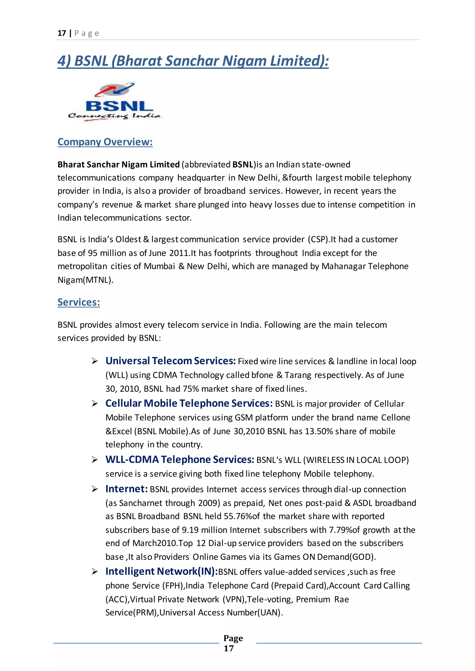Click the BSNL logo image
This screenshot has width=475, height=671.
pos(114,102)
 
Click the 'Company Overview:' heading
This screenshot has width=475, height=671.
pos(105,142)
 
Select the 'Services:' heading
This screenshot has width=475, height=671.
pos(79,302)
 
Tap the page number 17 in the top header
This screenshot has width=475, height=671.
pos(62,33)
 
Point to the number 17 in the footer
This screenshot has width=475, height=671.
pos(229,648)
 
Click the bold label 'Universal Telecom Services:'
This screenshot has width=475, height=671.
pos(170,361)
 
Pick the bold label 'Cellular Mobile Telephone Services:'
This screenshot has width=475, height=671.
pos(189,403)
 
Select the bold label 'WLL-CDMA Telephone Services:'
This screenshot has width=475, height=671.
pos(180,459)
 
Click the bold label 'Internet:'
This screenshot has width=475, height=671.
pos(126,489)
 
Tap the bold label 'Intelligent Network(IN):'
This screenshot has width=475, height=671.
pos(161,571)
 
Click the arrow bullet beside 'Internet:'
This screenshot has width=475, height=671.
pos(94,489)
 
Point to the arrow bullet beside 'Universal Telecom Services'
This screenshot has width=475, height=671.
pos(94,361)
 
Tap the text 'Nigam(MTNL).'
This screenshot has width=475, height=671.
pos(85,280)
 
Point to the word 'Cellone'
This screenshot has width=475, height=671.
pos(395,417)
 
